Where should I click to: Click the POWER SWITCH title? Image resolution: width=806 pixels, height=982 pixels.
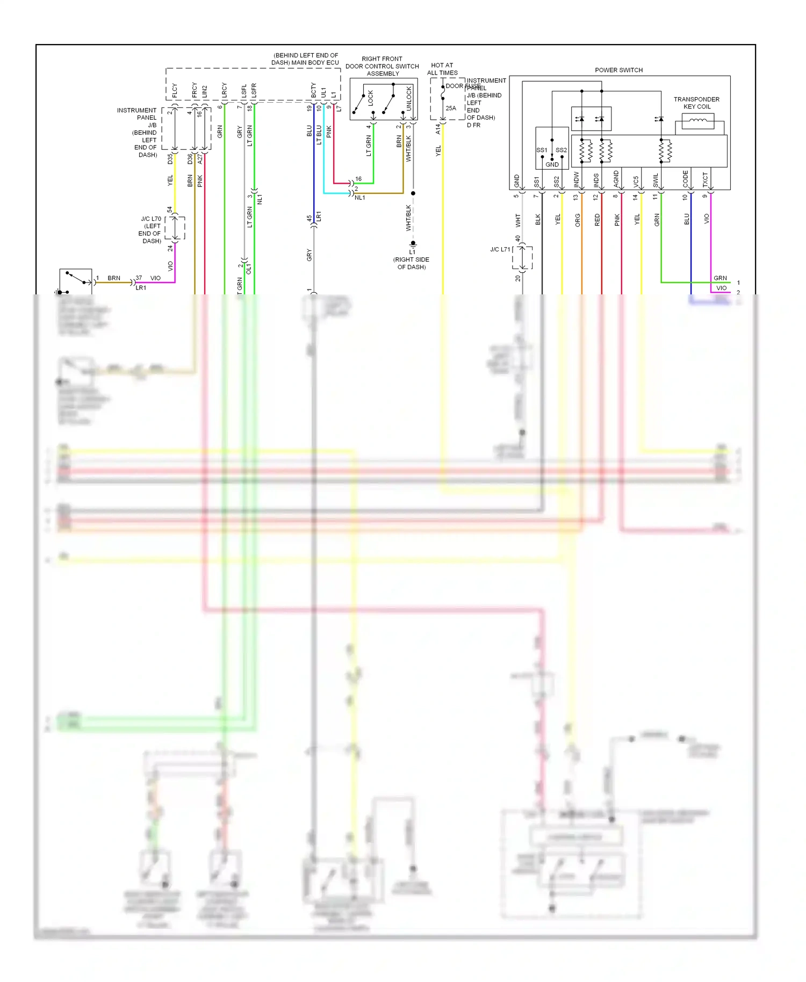click(x=618, y=70)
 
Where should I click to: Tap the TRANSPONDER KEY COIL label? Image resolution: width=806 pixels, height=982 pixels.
click(x=696, y=103)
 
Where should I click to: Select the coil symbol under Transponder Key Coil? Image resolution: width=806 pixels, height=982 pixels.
click(x=697, y=121)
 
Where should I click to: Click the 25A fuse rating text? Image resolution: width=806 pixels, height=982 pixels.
click(x=451, y=108)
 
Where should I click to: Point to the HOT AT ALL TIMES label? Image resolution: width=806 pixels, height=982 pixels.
click(x=442, y=69)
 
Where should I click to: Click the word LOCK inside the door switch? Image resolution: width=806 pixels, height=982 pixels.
click(x=370, y=97)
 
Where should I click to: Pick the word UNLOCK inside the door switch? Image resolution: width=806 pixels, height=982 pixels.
click(x=409, y=98)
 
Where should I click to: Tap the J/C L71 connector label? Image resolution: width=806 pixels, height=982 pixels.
click(x=500, y=249)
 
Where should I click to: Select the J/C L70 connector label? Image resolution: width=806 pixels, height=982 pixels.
click(x=150, y=219)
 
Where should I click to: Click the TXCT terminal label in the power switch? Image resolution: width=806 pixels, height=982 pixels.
click(x=705, y=179)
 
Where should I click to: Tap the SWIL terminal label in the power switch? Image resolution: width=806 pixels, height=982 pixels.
click(x=656, y=180)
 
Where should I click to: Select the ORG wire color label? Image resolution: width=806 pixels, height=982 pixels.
click(x=578, y=220)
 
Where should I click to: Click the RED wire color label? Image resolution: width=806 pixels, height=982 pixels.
click(x=598, y=220)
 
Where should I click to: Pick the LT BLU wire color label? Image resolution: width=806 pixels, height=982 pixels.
click(x=319, y=135)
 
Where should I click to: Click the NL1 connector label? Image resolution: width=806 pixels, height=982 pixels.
click(x=360, y=198)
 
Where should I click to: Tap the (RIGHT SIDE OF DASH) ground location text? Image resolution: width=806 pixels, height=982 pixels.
click(x=411, y=263)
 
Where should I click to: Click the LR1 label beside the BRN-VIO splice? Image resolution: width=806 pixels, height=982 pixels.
click(x=141, y=288)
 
